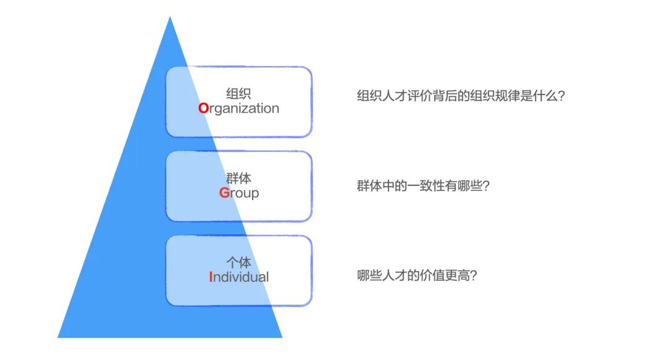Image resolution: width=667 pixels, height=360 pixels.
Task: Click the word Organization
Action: [239, 109]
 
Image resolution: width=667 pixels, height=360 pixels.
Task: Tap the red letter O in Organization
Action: [204, 109]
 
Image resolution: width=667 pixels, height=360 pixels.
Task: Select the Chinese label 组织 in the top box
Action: [238, 94]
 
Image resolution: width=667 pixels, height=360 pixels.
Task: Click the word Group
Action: [239, 193]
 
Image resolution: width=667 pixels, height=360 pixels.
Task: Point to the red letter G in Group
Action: [224, 193]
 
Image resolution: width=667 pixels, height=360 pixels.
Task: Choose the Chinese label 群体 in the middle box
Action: [238, 178]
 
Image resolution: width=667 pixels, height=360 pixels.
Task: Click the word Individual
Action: [239, 277]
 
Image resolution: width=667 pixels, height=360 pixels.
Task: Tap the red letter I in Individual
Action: [211, 277]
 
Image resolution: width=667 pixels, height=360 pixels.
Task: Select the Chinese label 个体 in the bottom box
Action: [238, 262]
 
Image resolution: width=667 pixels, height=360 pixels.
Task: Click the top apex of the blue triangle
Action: [170, 17]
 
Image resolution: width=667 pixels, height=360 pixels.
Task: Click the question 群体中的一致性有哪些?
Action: [423, 186]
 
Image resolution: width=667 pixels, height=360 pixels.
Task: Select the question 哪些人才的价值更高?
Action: [417, 275]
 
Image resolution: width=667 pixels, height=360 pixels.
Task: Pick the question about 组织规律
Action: [461, 97]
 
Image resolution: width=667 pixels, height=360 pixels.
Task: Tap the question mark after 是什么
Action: [561, 97]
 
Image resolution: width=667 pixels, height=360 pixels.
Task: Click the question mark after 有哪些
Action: [485, 186]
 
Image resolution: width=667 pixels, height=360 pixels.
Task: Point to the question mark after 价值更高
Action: [473, 275]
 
